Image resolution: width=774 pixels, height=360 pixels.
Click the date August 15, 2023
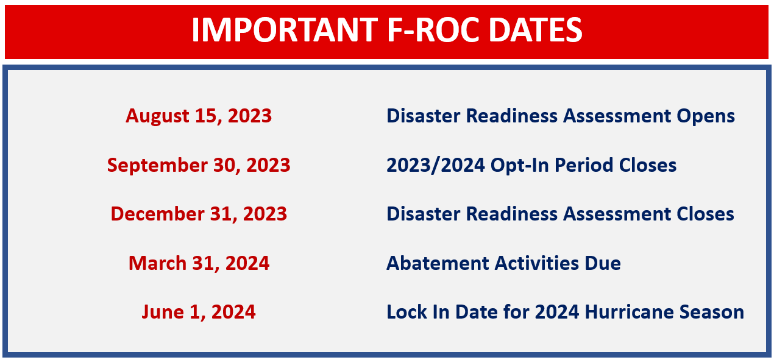pos(199,116)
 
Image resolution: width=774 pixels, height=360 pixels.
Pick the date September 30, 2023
pos(199,165)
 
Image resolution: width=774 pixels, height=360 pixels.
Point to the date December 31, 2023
pos(199,214)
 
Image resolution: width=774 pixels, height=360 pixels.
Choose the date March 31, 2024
pos(199,263)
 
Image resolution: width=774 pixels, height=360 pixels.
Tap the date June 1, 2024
pos(199,312)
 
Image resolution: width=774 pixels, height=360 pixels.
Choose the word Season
pos(716,312)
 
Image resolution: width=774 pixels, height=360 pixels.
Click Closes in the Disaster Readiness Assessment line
pos(706,214)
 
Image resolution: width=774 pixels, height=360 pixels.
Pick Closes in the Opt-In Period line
pos(648,165)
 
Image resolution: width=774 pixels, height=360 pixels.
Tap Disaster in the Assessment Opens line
pos(426,116)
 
